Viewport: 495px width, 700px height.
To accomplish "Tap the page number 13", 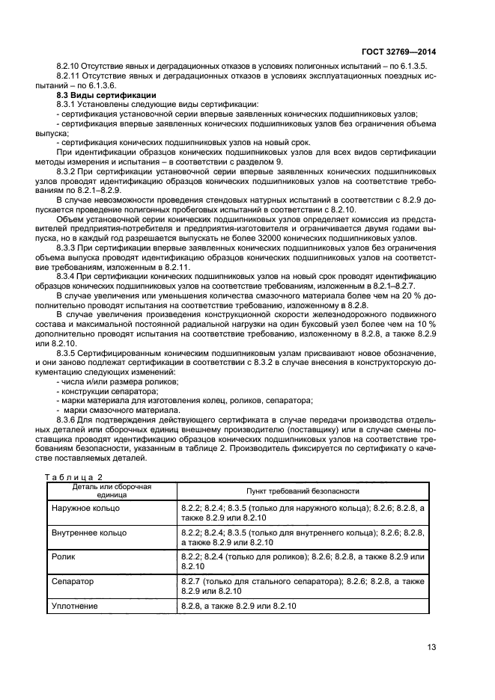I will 431,648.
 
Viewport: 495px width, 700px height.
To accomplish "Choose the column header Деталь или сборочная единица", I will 112,491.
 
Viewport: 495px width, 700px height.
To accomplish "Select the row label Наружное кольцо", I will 85,509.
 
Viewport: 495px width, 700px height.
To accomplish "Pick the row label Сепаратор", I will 73,580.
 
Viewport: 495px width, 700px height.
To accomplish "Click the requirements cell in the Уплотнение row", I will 239,604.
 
